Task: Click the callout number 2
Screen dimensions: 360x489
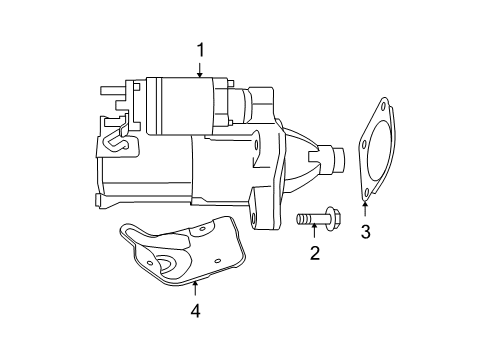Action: click(x=314, y=253)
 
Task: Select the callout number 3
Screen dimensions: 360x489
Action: click(x=366, y=232)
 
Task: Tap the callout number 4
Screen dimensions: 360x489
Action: click(x=196, y=311)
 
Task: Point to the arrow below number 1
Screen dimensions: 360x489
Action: click(x=200, y=70)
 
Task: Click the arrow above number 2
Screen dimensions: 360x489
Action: click(x=314, y=232)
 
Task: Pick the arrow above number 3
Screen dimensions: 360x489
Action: click(x=366, y=209)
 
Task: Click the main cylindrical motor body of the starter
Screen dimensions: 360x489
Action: click(x=150, y=175)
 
